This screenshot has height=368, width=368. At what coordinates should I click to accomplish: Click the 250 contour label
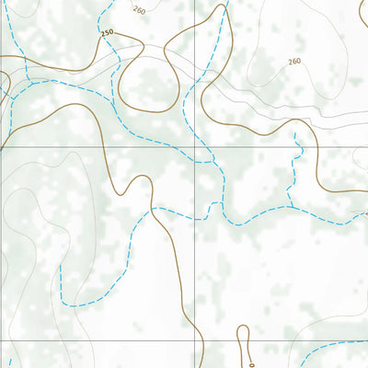107,33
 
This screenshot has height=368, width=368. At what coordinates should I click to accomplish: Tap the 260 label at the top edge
139,9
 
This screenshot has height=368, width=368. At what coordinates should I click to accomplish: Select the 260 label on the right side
293,62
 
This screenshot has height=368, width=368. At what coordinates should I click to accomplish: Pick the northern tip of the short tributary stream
294,133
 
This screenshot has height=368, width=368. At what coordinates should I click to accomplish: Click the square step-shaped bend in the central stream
221,204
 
